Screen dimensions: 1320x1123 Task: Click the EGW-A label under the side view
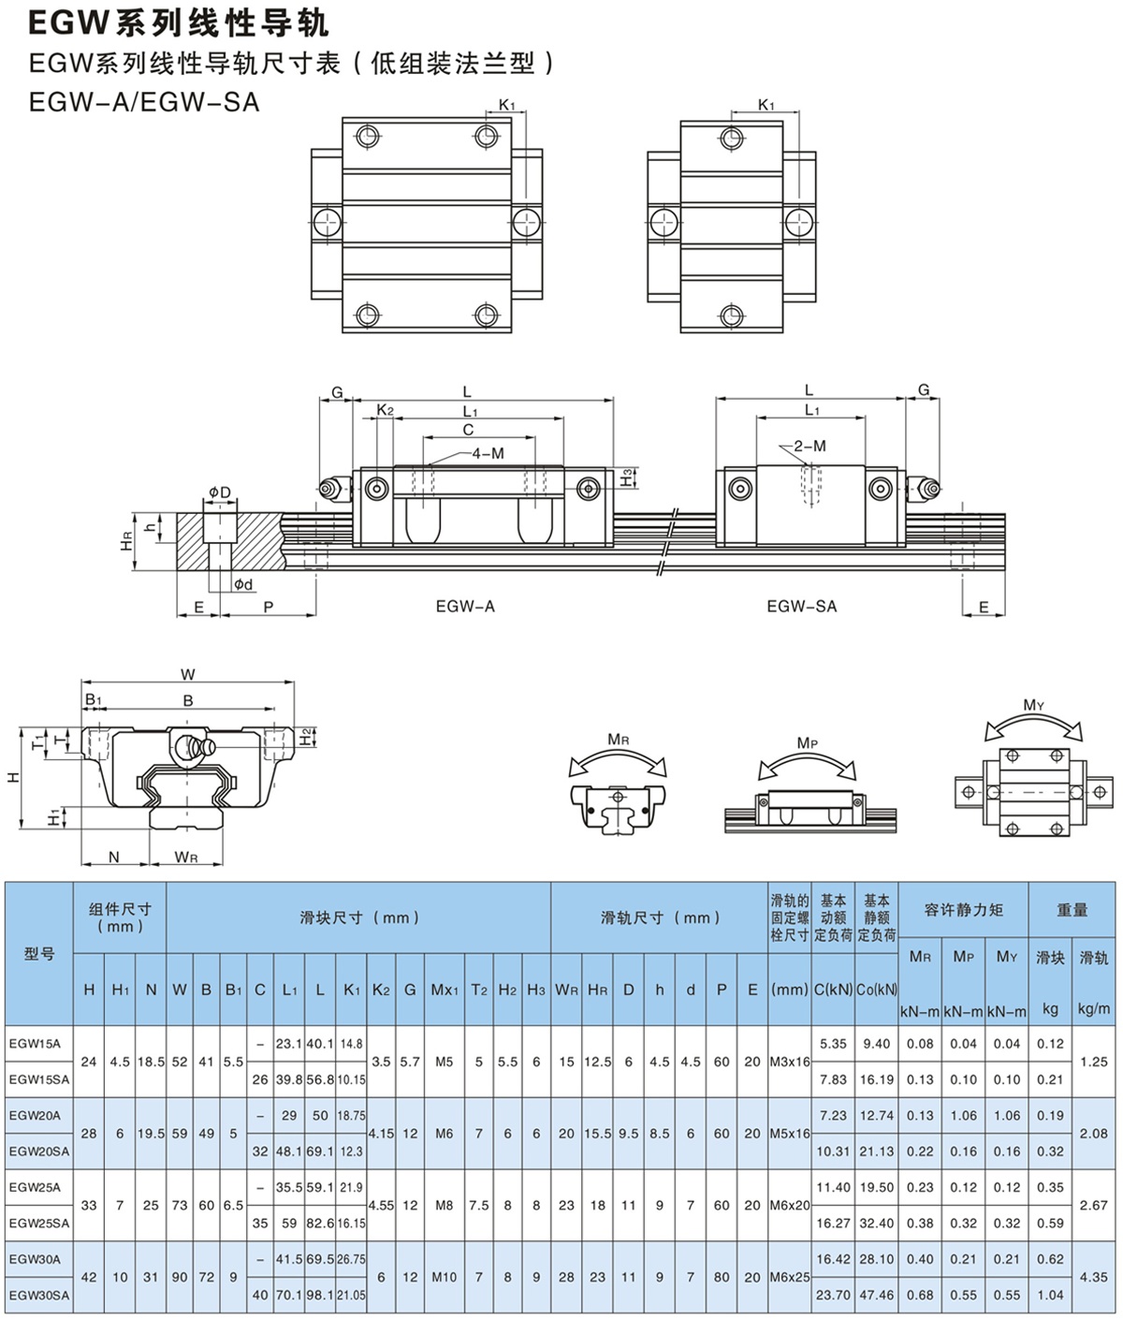click(x=465, y=607)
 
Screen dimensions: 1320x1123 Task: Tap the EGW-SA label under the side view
click(x=801, y=607)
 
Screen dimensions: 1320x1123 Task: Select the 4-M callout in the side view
click(x=488, y=453)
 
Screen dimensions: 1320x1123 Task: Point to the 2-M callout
click(x=810, y=447)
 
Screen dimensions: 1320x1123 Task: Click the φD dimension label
click(x=219, y=492)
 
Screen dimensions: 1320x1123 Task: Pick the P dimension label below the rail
click(x=269, y=608)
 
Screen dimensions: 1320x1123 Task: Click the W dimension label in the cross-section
click(x=188, y=675)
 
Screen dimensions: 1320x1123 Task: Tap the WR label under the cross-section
click(x=187, y=858)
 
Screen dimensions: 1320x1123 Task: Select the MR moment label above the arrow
click(x=619, y=740)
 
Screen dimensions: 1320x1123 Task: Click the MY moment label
click(x=1033, y=705)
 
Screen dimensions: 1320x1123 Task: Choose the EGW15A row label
click(x=35, y=1043)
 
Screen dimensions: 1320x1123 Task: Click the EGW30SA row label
click(x=38, y=1295)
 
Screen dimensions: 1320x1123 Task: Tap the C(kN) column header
click(x=832, y=990)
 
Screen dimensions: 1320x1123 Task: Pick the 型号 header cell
click(x=39, y=953)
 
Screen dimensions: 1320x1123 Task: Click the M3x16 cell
click(x=790, y=1062)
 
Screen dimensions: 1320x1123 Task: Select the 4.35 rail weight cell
click(x=1093, y=1277)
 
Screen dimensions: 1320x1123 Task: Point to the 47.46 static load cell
click(x=876, y=1295)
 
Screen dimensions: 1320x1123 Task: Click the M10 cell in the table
click(x=445, y=1277)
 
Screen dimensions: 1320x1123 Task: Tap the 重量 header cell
click(x=1072, y=909)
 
